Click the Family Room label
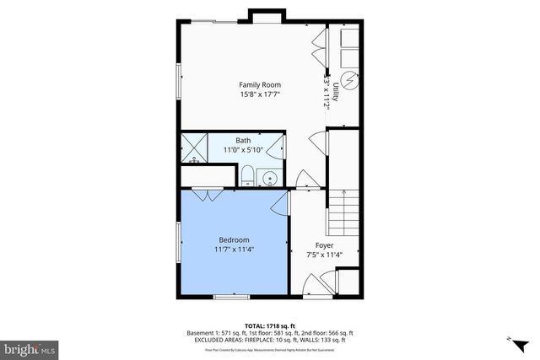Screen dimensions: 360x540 coord(259,85)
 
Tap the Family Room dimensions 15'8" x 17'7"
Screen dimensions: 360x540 coord(259,95)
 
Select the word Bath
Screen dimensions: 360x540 coord(243,140)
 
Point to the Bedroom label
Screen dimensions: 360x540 coord(232,240)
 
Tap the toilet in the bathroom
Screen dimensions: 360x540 coord(247,176)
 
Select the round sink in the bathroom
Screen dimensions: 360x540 coord(270,178)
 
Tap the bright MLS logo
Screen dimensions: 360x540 coord(29,347)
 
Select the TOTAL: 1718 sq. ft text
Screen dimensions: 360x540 coord(270,325)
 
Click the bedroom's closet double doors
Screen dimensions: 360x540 coord(203,195)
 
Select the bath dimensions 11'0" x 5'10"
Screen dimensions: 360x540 coord(243,150)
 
